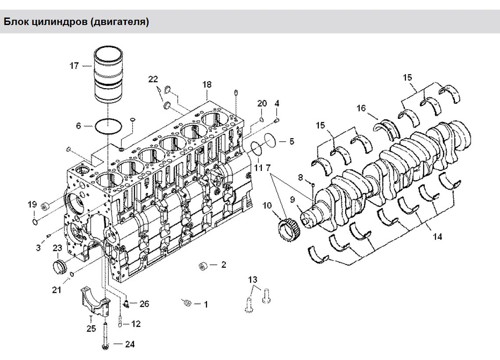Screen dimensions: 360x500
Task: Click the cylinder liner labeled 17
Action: point(107,78)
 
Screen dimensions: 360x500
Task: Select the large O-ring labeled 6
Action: point(107,126)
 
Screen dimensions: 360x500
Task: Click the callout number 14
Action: point(437,237)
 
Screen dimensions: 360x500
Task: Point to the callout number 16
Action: point(361,108)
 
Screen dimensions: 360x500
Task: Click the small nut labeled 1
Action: point(186,302)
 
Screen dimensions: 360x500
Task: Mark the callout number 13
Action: point(253,279)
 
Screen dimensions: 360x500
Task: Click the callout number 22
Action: point(153,79)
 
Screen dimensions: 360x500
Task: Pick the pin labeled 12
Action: point(120,324)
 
